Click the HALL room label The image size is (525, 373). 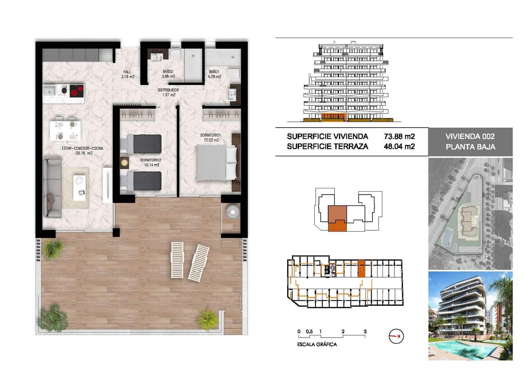point(127,74)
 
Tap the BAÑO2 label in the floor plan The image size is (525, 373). point(168,74)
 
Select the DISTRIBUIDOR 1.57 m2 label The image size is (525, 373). point(168,92)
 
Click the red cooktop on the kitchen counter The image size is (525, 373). point(77,91)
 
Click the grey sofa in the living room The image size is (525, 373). point(52,188)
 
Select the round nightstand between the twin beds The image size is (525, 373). point(124,162)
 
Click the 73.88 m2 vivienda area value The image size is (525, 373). point(399,136)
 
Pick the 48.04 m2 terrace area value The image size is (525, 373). point(399,147)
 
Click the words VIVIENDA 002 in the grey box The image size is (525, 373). point(470,136)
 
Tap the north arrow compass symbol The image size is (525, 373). point(396,336)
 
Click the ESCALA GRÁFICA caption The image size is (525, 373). point(317,344)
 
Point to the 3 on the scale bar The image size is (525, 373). point(365,332)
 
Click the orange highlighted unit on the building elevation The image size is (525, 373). point(333,117)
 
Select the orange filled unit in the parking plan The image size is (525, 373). point(361,269)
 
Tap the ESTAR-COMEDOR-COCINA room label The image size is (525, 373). point(82,151)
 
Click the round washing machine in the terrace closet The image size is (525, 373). point(233,212)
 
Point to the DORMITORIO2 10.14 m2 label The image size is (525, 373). point(151,162)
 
